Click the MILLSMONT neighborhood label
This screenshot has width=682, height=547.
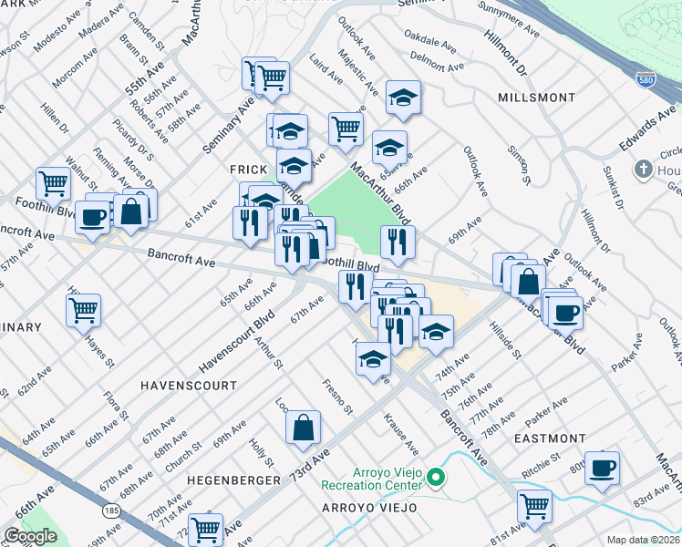[x=536, y=98]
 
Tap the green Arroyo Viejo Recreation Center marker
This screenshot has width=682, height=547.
[x=436, y=477]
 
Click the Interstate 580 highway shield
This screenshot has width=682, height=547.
[x=646, y=80]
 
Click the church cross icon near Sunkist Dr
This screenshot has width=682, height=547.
[x=644, y=170]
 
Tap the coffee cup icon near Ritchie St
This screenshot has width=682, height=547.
[x=602, y=469]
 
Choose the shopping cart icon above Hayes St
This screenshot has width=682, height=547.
[x=84, y=310]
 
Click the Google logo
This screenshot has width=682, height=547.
[x=30, y=536]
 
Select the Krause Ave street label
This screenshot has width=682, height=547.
[x=401, y=434]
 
